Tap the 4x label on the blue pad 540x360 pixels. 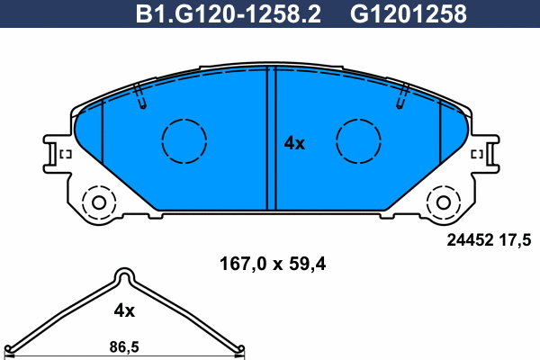click(294, 143)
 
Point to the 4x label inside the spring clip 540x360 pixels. click(123, 310)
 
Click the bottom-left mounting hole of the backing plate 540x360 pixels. click(95, 201)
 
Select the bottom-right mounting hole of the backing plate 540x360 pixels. click(444, 201)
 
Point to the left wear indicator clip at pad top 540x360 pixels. click(140, 97)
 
